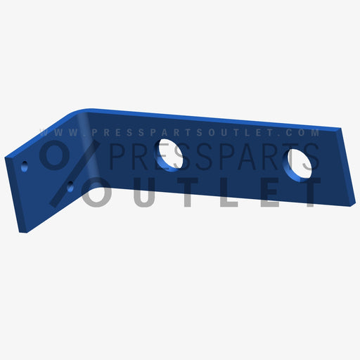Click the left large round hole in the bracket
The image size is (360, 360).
click(x=171, y=153)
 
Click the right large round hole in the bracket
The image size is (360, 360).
click(x=297, y=160)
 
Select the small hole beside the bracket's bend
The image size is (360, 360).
click(x=70, y=188)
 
